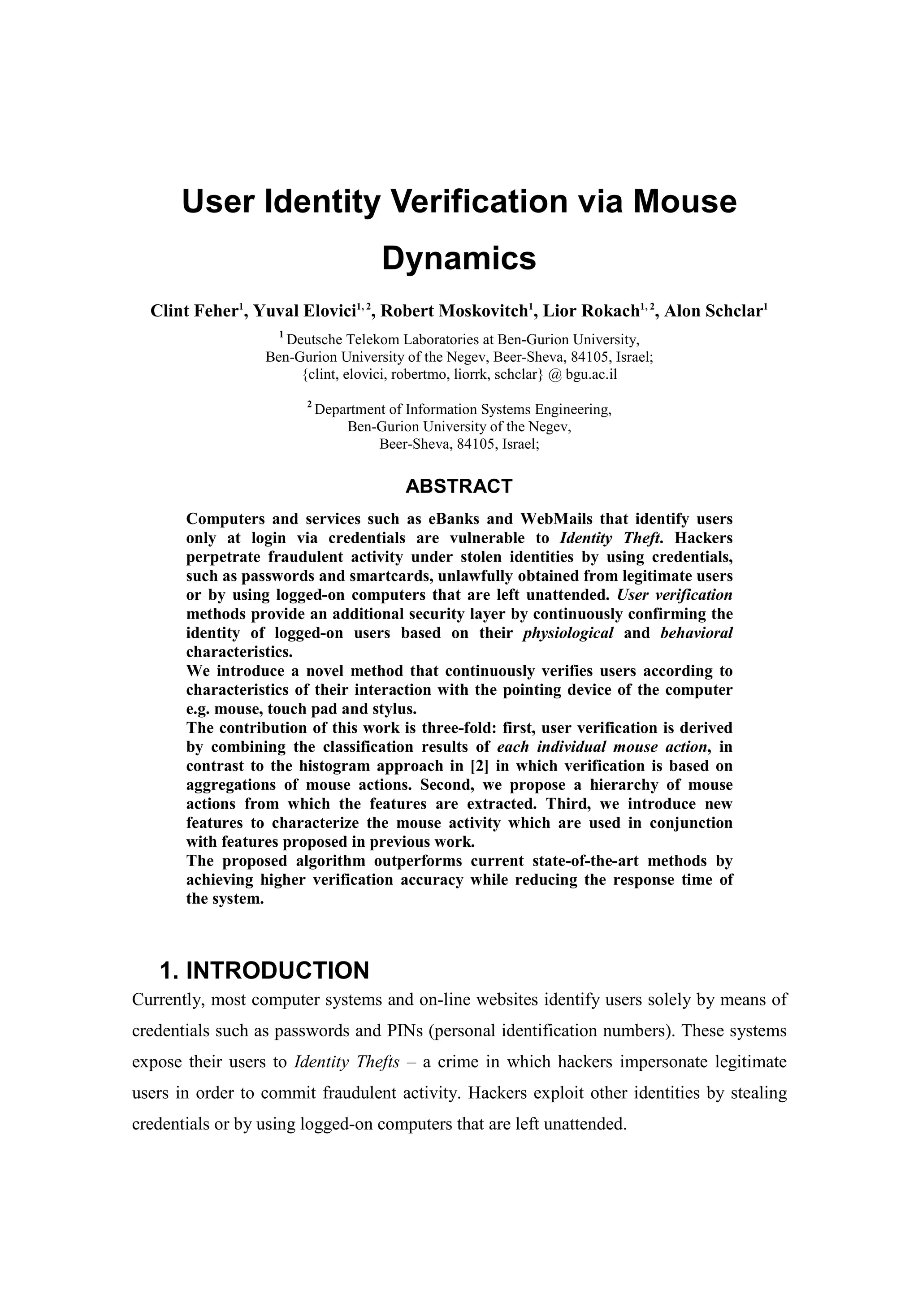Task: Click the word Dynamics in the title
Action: tap(459, 259)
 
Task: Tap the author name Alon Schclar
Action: tap(714, 311)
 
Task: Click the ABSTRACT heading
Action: tap(459, 486)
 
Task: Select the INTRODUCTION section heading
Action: tap(277, 970)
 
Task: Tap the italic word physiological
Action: tap(568, 633)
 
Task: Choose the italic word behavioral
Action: tap(696, 633)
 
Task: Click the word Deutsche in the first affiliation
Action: tap(314, 340)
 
